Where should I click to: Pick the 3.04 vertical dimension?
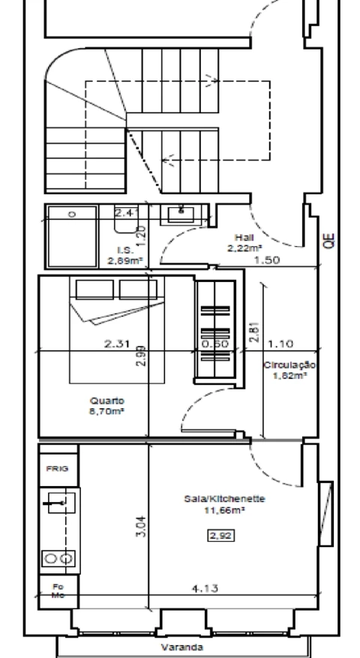tap(144, 525)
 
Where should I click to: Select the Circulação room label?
tap(290, 365)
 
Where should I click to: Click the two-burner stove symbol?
tap(58, 557)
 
